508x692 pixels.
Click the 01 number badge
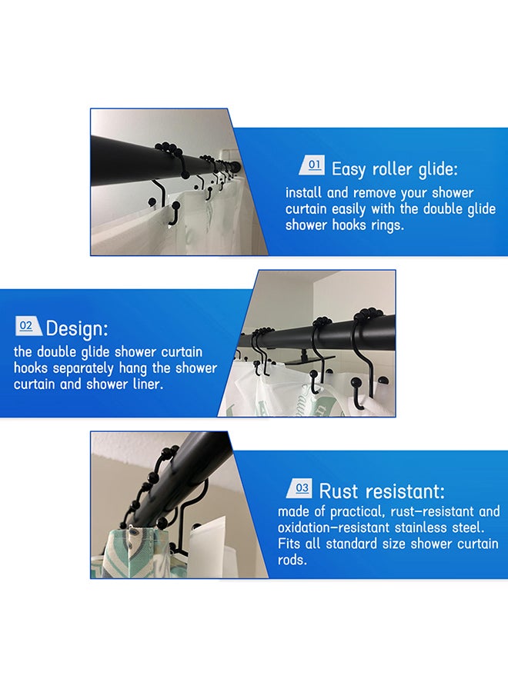click(x=312, y=165)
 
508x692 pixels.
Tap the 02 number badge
click(x=28, y=326)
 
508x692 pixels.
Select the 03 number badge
click(x=299, y=488)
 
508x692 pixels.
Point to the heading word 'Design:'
click(x=77, y=329)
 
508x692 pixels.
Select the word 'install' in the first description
click(x=303, y=193)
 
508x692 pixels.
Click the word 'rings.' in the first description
click(x=387, y=226)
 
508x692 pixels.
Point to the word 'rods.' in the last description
click(x=292, y=560)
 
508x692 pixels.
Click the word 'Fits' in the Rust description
click(x=289, y=544)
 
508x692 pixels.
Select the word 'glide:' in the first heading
click(x=439, y=170)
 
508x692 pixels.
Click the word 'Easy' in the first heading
click(x=349, y=170)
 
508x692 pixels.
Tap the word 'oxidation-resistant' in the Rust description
click(x=333, y=527)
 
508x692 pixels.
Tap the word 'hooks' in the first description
click(x=349, y=225)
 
